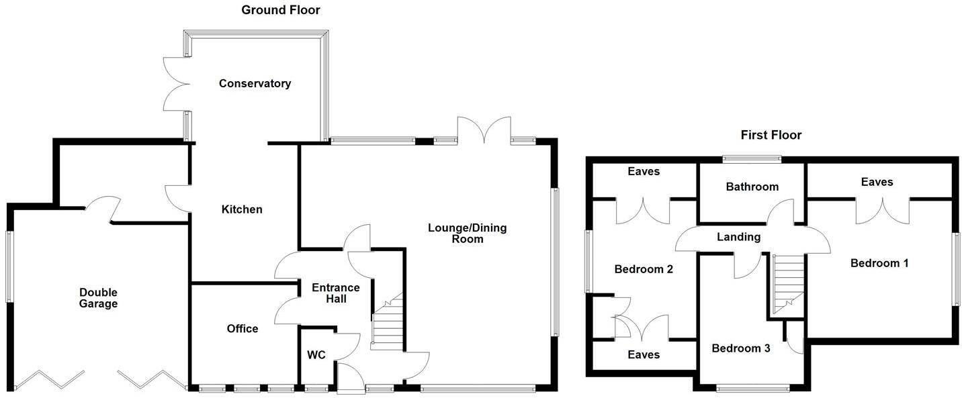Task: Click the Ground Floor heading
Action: coord(281,10)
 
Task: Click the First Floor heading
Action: coord(771,135)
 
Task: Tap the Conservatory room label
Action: coord(255,83)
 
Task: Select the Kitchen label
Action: coord(242,209)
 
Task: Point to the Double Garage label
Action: coord(98,298)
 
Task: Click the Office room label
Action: coord(242,328)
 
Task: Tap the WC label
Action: coord(316,354)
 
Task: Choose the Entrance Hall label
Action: coord(336,293)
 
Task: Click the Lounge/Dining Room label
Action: coord(468,233)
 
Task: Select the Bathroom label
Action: coord(752,187)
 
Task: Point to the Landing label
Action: coord(738,237)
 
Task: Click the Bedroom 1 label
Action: coord(879,263)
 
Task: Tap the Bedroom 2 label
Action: coord(644,269)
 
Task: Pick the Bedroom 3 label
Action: coord(741,348)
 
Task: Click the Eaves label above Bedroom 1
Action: coord(877,182)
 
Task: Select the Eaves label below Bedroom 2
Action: coord(644,354)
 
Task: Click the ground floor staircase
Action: coord(388,326)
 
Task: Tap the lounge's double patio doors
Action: coord(484,129)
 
